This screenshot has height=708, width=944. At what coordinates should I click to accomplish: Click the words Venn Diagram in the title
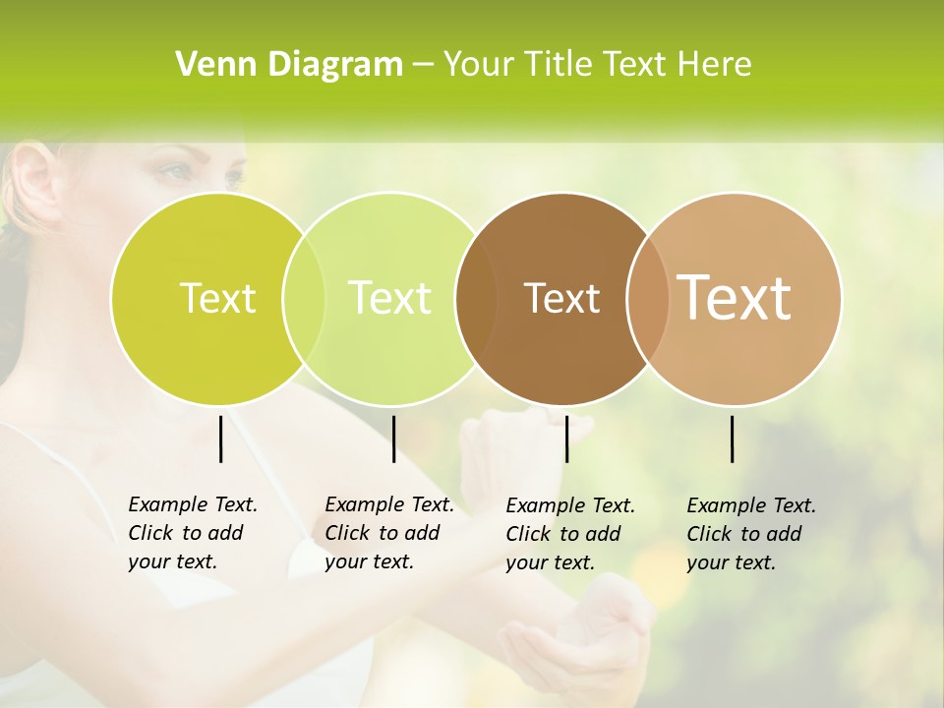(x=289, y=65)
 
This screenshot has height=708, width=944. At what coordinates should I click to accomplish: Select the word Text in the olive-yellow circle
(x=217, y=298)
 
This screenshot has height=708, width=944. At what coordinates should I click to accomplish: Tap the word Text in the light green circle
(x=389, y=298)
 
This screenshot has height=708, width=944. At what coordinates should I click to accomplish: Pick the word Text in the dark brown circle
(x=561, y=298)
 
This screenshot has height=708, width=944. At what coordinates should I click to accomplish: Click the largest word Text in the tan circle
(x=735, y=298)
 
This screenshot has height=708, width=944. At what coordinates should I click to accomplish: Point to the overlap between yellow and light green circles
(x=304, y=298)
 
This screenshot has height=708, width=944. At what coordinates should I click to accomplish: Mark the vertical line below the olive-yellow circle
(x=220, y=439)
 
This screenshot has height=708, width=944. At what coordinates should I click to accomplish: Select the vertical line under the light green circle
(x=393, y=439)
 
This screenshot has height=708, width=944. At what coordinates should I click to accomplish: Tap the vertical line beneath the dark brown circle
(x=566, y=439)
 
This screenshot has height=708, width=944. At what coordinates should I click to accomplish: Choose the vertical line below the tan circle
(x=732, y=439)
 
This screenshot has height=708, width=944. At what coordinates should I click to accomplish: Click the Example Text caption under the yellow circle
(x=192, y=533)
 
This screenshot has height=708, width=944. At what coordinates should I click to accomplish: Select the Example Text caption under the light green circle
(x=388, y=533)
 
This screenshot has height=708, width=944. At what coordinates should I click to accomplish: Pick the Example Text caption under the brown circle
(x=569, y=534)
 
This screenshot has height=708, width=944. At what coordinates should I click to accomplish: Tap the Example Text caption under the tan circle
(x=750, y=534)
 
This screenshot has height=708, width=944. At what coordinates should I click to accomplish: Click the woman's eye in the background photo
(x=172, y=172)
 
